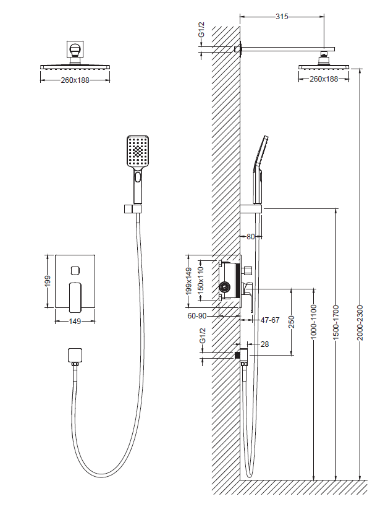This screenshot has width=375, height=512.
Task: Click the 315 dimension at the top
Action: tap(282, 16)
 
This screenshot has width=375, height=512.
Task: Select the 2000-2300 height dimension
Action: tap(360, 323)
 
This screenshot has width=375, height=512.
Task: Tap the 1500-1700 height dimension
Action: tap(336, 323)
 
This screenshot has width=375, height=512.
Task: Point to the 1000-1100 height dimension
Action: tap(314, 322)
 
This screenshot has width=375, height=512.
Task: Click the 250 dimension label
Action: tap(292, 322)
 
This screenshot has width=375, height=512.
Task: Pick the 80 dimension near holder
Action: tap(251, 236)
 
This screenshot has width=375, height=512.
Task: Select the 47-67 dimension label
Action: tap(270, 320)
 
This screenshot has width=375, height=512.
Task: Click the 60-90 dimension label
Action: tap(197, 316)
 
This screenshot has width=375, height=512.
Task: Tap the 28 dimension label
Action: tap(264, 344)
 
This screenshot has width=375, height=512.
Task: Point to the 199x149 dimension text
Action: tap(189, 281)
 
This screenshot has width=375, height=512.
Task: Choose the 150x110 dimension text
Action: tap(201, 279)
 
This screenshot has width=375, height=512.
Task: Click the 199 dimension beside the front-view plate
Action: tap(48, 281)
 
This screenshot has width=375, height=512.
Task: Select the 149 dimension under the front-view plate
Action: tap(75, 322)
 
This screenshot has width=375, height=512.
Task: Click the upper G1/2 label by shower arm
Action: tap(202, 30)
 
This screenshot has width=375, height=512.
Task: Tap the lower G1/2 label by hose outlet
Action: tap(203, 335)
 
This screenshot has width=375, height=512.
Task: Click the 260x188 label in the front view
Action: tap(75, 80)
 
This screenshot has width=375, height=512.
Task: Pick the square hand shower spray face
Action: tap(138, 151)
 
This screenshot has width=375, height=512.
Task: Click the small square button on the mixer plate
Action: tap(75, 270)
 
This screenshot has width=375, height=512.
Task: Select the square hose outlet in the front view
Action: tap(75, 356)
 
